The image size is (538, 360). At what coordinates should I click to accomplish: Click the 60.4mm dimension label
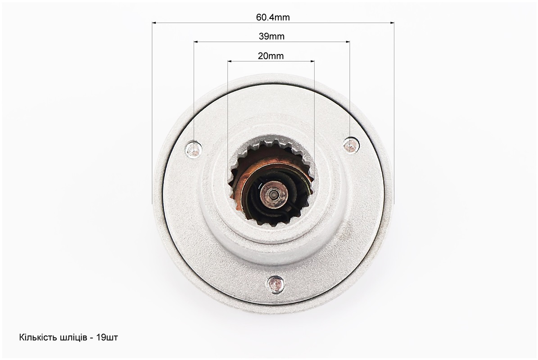click(x=273, y=17)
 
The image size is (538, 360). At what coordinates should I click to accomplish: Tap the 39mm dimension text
click(x=271, y=36)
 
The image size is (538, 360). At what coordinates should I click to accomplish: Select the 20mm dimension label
click(x=271, y=56)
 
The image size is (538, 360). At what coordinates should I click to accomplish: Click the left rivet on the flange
click(x=194, y=149)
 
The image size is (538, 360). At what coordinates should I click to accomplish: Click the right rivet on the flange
click(x=351, y=145)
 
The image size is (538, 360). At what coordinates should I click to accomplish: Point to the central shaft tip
click(x=273, y=194)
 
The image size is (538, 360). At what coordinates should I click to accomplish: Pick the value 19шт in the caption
click(x=107, y=337)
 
